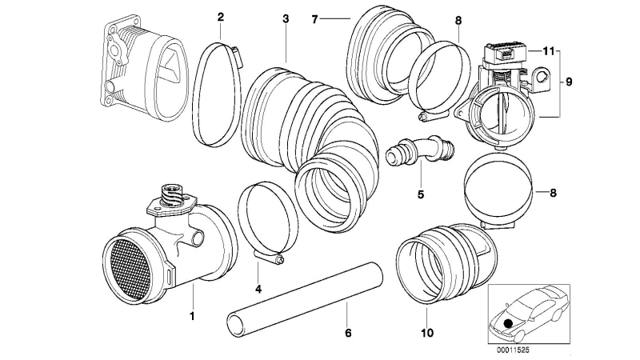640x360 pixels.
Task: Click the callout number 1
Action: tap(192, 315)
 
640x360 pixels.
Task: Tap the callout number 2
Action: tap(221, 17)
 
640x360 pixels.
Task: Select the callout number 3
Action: tap(286, 17)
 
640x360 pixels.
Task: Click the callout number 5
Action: tap(419, 194)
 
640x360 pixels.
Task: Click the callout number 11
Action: tap(547, 51)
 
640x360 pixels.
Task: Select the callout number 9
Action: tap(570, 82)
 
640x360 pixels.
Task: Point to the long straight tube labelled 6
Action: tap(304, 293)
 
